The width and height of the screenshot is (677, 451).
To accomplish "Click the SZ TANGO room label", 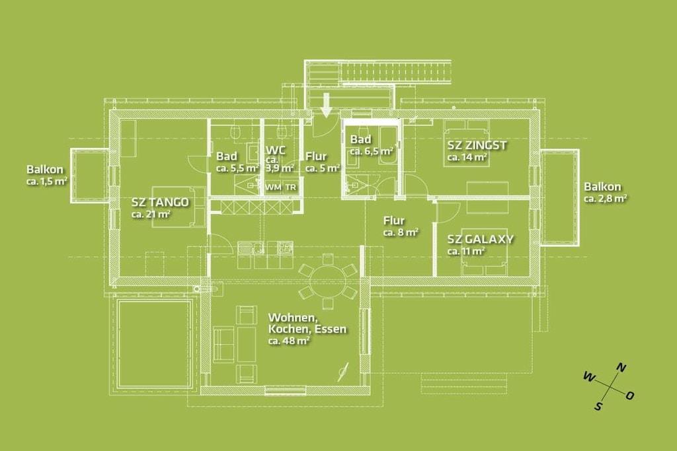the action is pos(160,202).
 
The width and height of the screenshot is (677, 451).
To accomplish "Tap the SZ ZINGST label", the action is pos(477,145).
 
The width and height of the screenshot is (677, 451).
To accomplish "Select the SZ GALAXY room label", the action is pos(480,239).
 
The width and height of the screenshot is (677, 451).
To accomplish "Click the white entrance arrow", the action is pos(327,105).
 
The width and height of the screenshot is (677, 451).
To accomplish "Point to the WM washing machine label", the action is pos(273,187).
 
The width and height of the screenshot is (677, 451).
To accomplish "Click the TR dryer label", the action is pos(291,187).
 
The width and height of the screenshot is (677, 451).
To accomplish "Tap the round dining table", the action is pos(328,281).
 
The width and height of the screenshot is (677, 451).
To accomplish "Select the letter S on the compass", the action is pos(598,406).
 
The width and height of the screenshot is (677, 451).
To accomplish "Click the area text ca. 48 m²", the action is pos(289,341).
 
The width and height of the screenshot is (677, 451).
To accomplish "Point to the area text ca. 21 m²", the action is pos(151,214).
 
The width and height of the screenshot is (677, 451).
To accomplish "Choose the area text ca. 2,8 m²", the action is pos(606,199).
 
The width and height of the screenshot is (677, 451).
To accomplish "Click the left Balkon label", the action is pos(45,170).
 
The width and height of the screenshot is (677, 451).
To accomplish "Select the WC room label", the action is pos(276,150).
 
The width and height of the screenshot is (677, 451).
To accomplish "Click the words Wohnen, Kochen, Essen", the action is pos(307,324).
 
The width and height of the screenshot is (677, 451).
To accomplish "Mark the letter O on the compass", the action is pos(630,396).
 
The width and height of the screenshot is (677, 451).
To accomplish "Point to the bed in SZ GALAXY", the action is pos(483,252).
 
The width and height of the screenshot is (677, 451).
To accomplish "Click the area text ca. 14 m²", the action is pos(467,157).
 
